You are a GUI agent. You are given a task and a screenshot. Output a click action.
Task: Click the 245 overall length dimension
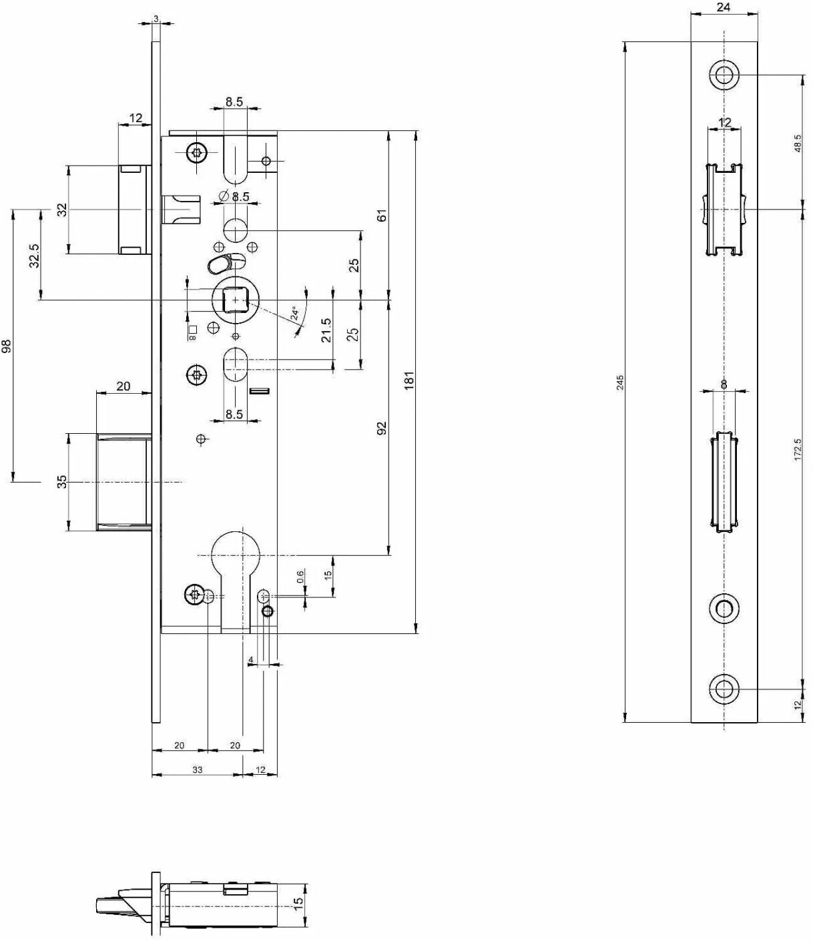pos(620,383)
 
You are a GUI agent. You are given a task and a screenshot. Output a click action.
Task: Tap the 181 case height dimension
pos(409,380)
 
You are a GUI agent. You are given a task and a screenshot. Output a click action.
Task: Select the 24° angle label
pos(295,313)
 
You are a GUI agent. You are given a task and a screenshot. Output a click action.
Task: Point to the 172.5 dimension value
pos(798,449)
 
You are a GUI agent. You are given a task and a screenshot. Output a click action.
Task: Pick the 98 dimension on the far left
pos(7,346)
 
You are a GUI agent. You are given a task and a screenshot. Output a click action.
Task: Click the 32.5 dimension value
pos(35,255)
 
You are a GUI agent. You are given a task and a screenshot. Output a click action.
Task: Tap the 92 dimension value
pos(382,428)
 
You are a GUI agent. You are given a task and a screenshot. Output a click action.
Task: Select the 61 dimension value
pos(382,215)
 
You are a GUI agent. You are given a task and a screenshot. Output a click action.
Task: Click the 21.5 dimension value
pos(326,330)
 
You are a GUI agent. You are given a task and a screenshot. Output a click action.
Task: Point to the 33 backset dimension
pos(197,769)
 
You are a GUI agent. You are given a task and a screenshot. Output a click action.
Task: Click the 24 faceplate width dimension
pos(724,7)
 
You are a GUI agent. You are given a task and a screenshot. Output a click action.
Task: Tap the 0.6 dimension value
pos(300,577)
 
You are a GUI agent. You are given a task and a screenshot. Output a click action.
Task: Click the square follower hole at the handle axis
pos(234,300)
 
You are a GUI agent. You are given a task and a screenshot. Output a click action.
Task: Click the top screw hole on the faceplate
pos(724,74)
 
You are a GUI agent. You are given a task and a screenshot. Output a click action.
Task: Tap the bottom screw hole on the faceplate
pos(724,689)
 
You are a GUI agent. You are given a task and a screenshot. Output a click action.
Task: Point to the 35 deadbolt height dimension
pos(63,482)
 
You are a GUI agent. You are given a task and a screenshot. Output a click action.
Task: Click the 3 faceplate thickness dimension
pos(156,19)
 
